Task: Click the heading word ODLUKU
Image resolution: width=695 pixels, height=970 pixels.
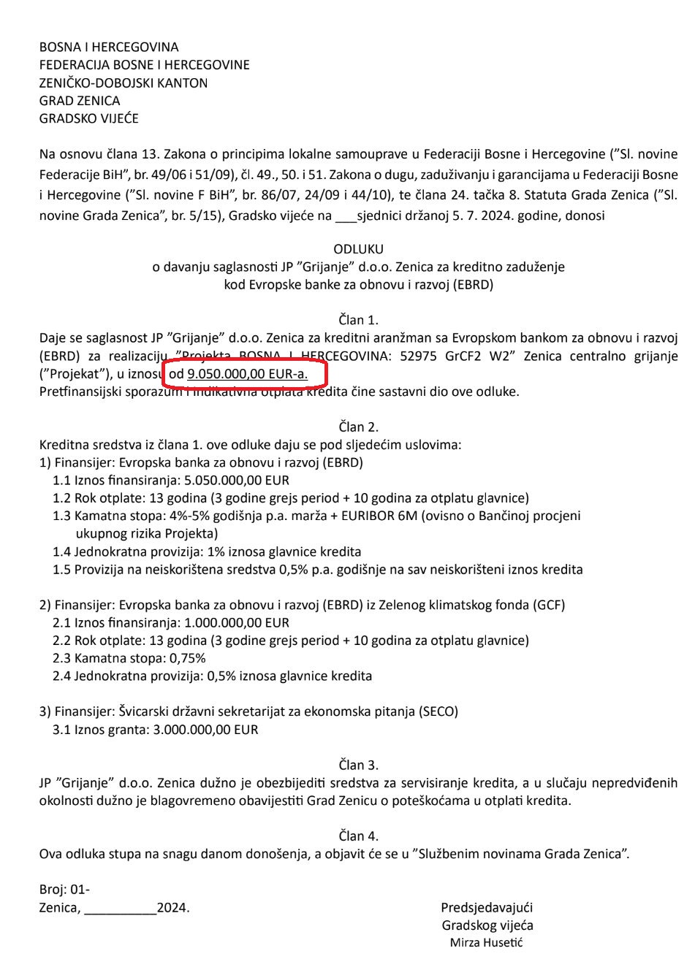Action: click(358, 249)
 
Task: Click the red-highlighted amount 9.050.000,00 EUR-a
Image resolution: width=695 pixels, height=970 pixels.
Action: click(247, 375)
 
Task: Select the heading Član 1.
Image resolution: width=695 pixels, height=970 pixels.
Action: click(358, 320)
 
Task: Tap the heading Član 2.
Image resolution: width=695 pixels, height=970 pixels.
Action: click(358, 427)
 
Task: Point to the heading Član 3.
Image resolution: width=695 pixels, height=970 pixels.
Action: click(358, 765)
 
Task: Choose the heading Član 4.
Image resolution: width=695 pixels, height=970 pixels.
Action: click(358, 836)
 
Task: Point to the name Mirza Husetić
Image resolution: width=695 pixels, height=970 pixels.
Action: click(486, 942)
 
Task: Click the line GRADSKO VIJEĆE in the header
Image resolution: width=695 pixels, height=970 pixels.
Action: click(88, 118)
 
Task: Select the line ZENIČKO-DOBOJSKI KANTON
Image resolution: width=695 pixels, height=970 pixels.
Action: click(124, 83)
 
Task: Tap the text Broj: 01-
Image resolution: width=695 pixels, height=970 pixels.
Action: click(64, 890)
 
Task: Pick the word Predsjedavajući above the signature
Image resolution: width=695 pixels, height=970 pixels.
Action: click(487, 907)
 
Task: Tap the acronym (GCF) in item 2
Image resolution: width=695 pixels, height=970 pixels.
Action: click(549, 605)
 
